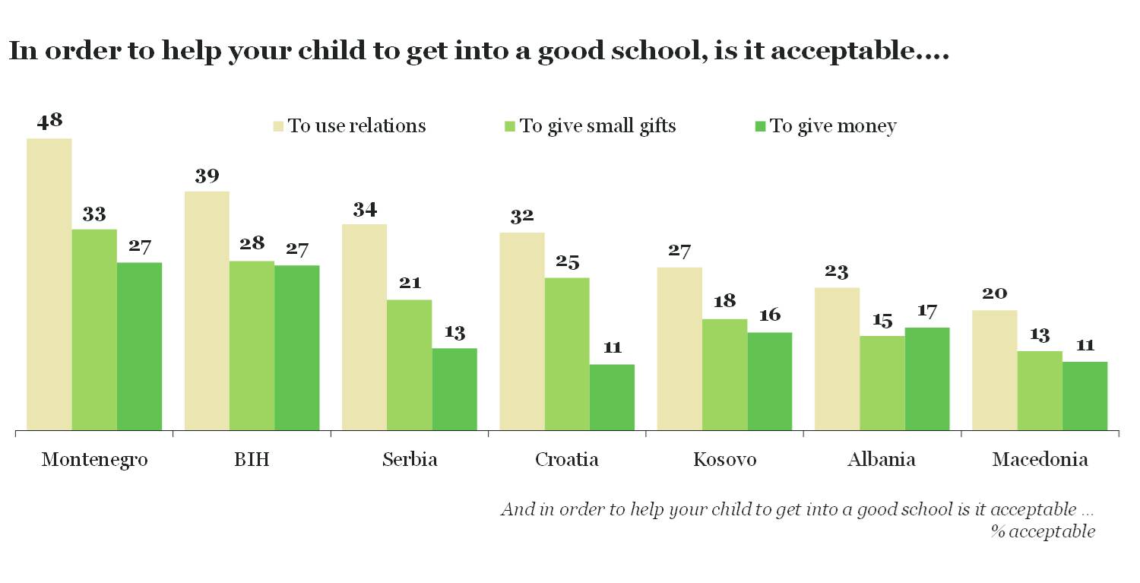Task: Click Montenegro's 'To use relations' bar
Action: [x=49, y=284]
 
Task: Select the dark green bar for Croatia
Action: [x=612, y=397]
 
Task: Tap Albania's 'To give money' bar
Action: [x=927, y=379]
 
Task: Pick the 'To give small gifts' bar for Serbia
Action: [x=409, y=365]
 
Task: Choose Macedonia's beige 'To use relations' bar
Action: [x=994, y=370]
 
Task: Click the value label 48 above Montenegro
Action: [x=49, y=121]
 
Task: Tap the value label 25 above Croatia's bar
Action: [x=567, y=262]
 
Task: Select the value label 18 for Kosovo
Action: [x=724, y=301]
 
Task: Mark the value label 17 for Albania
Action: [x=927, y=311]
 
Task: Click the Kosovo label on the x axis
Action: [x=724, y=460]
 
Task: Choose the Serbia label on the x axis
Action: [x=410, y=460]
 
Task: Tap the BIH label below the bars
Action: [x=252, y=460]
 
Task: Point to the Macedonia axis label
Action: [x=1040, y=460]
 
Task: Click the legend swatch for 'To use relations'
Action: [x=278, y=125]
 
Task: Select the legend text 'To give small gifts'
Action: [x=597, y=125]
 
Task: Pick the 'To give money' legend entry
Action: [x=833, y=125]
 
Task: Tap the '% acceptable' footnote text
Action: [x=1042, y=531]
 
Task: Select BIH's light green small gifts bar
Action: [x=252, y=346]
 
